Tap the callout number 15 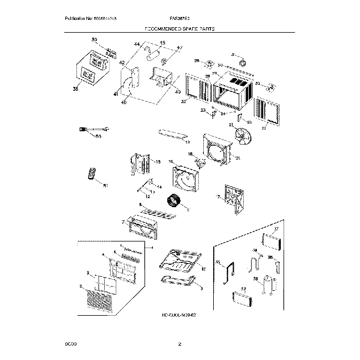click(x=158, y=162)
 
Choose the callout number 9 click(x=201, y=289)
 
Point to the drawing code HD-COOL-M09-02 click(x=179, y=314)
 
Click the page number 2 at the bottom click(x=179, y=344)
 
